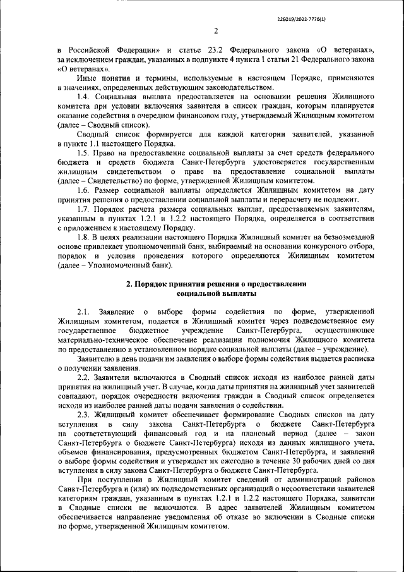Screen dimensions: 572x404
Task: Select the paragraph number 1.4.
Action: click(x=83, y=96)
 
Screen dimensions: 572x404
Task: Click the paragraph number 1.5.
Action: click(x=83, y=153)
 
